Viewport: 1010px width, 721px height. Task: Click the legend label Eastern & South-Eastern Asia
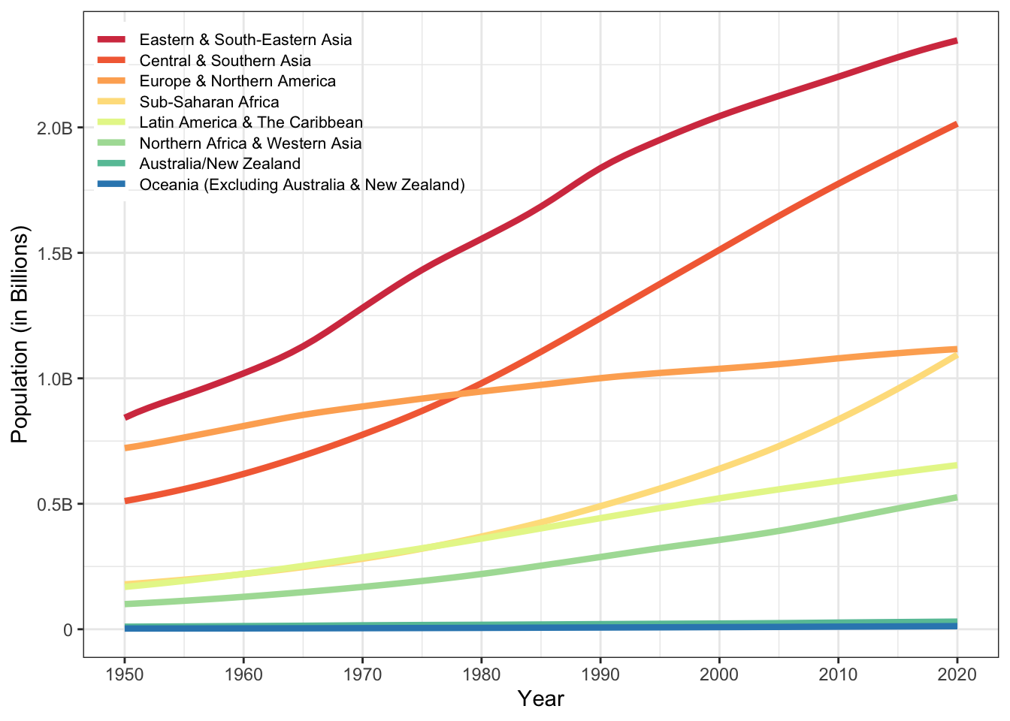[x=245, y=40]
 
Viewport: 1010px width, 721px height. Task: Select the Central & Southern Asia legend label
[x=225, y=61]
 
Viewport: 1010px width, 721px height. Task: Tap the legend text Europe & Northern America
[x=237, y=81]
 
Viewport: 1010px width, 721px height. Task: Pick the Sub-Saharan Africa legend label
[x=209, y=102]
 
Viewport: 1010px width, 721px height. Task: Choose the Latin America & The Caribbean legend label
[x=251, y=122]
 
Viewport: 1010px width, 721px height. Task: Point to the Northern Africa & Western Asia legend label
[x=250, y=143]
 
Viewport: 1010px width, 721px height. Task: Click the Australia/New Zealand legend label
[x=219, y=164]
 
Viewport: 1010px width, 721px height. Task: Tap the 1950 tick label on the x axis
[x=125, y=674]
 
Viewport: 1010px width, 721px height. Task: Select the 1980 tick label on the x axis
[x=482, y=674]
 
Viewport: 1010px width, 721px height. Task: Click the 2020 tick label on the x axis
[x=957, y=674]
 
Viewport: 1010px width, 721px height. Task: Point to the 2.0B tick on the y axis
[x=54, y=128]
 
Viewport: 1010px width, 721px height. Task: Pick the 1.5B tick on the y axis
[x=54, y=253]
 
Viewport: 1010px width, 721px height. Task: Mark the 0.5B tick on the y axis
[x=54, y=504]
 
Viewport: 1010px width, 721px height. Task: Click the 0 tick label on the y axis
[x=68, y=629]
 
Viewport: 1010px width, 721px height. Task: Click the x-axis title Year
[x=540, y=699]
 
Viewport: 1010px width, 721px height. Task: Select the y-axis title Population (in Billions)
[x=20, y=334]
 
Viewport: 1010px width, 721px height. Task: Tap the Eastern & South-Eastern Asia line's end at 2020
[x=957, y=41]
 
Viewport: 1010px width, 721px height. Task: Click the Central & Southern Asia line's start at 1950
[x=125, y=500]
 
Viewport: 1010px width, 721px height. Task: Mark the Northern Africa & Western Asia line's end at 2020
[x=957, y=497]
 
